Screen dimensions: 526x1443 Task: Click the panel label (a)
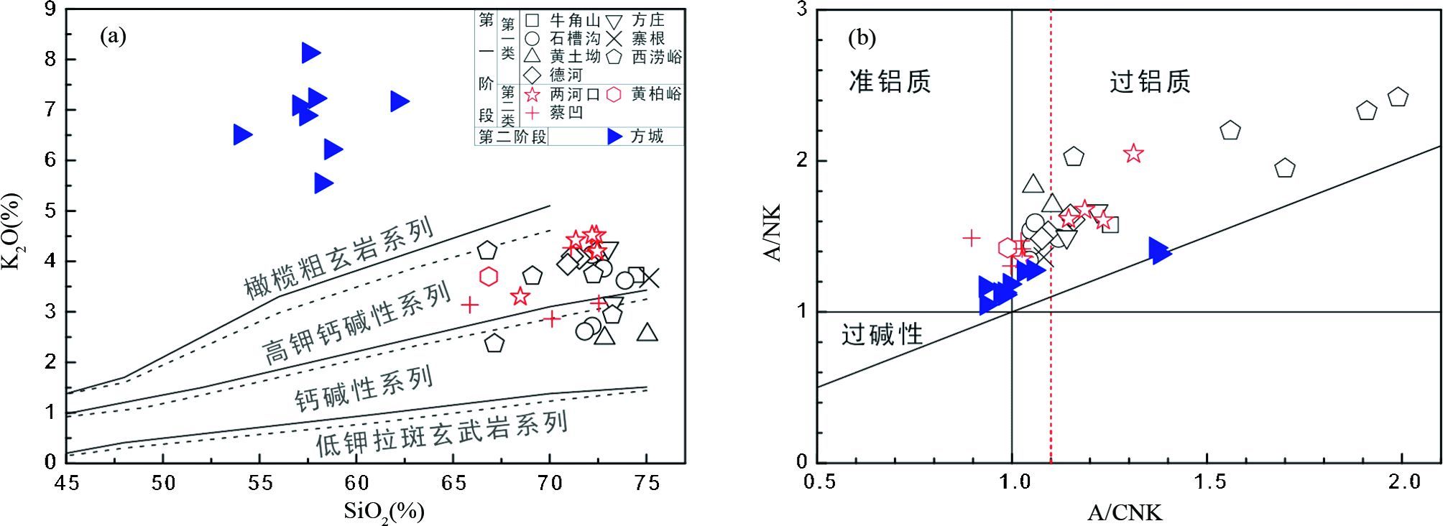pos(114,37)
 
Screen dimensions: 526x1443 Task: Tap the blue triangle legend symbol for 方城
pos(615,137)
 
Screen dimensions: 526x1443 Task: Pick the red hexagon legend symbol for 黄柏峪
pos(614,94)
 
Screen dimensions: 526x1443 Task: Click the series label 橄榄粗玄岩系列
pos(339,257)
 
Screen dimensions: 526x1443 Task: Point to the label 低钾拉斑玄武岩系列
pos(442,433)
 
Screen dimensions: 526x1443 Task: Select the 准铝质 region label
pos(890,81)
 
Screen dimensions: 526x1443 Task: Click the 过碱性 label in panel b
pos(882,334)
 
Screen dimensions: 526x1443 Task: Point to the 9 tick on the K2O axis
pos(50,9)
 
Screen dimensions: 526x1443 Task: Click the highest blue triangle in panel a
pos(310,52)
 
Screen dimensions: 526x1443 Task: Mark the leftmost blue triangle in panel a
pos(242,134)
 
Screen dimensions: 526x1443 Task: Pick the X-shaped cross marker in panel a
pos(650,278)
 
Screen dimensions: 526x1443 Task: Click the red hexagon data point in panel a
pos(489,276)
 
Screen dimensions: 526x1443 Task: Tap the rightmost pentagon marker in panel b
pos(1398,97)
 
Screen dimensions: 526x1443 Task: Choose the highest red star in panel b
pos(1133,153)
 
